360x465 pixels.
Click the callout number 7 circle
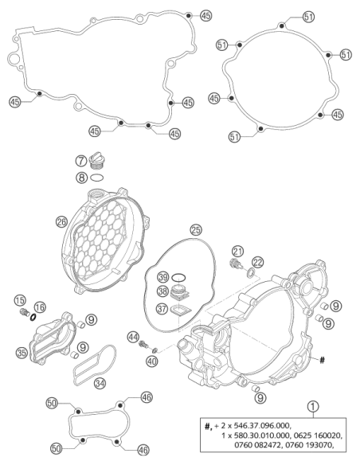click(x=81, y=161)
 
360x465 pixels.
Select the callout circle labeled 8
click(x=81, y=178)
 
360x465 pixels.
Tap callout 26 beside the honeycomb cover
click(x=61, y=221)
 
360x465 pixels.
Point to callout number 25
click(x=196, y=230)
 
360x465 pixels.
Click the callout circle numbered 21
click(x=237, y=252)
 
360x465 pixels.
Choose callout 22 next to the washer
click(x=258, y=262)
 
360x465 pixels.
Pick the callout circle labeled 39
click(x=162, y=277)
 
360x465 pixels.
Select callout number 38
click(x=162, y=291)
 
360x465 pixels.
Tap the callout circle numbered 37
click(x=162, y=309)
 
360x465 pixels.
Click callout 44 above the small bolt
click(x=133, y=337)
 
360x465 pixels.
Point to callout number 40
click(x=152, y=361)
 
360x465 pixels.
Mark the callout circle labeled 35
click(x=22, y=353)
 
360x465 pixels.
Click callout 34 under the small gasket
click(x=100, y=383)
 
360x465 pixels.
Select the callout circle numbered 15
click(x=20, y=301)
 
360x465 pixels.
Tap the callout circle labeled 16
click(x=40, y=307)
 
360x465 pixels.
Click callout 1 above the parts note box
click(x=313, y=407)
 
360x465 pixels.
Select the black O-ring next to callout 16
click(x=33, y=318)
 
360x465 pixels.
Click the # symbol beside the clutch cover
click(x=322, y=360)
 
